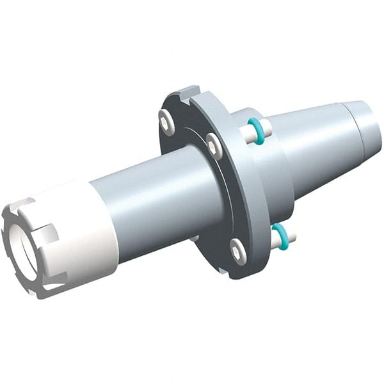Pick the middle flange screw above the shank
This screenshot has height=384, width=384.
click(214, 146)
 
